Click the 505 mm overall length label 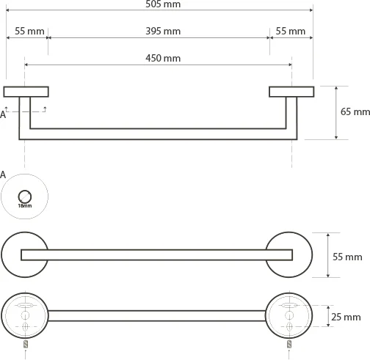tap(163, 4)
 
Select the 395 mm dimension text tap(163, 32)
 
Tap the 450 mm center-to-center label tap(163, 58)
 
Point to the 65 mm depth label tap(355, 111)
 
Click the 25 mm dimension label tap(346, 317)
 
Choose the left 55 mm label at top tap(29, 32)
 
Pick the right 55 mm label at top tap(291, 32)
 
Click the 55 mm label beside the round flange tap(347, 257)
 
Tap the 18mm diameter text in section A tap(25, 206)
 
